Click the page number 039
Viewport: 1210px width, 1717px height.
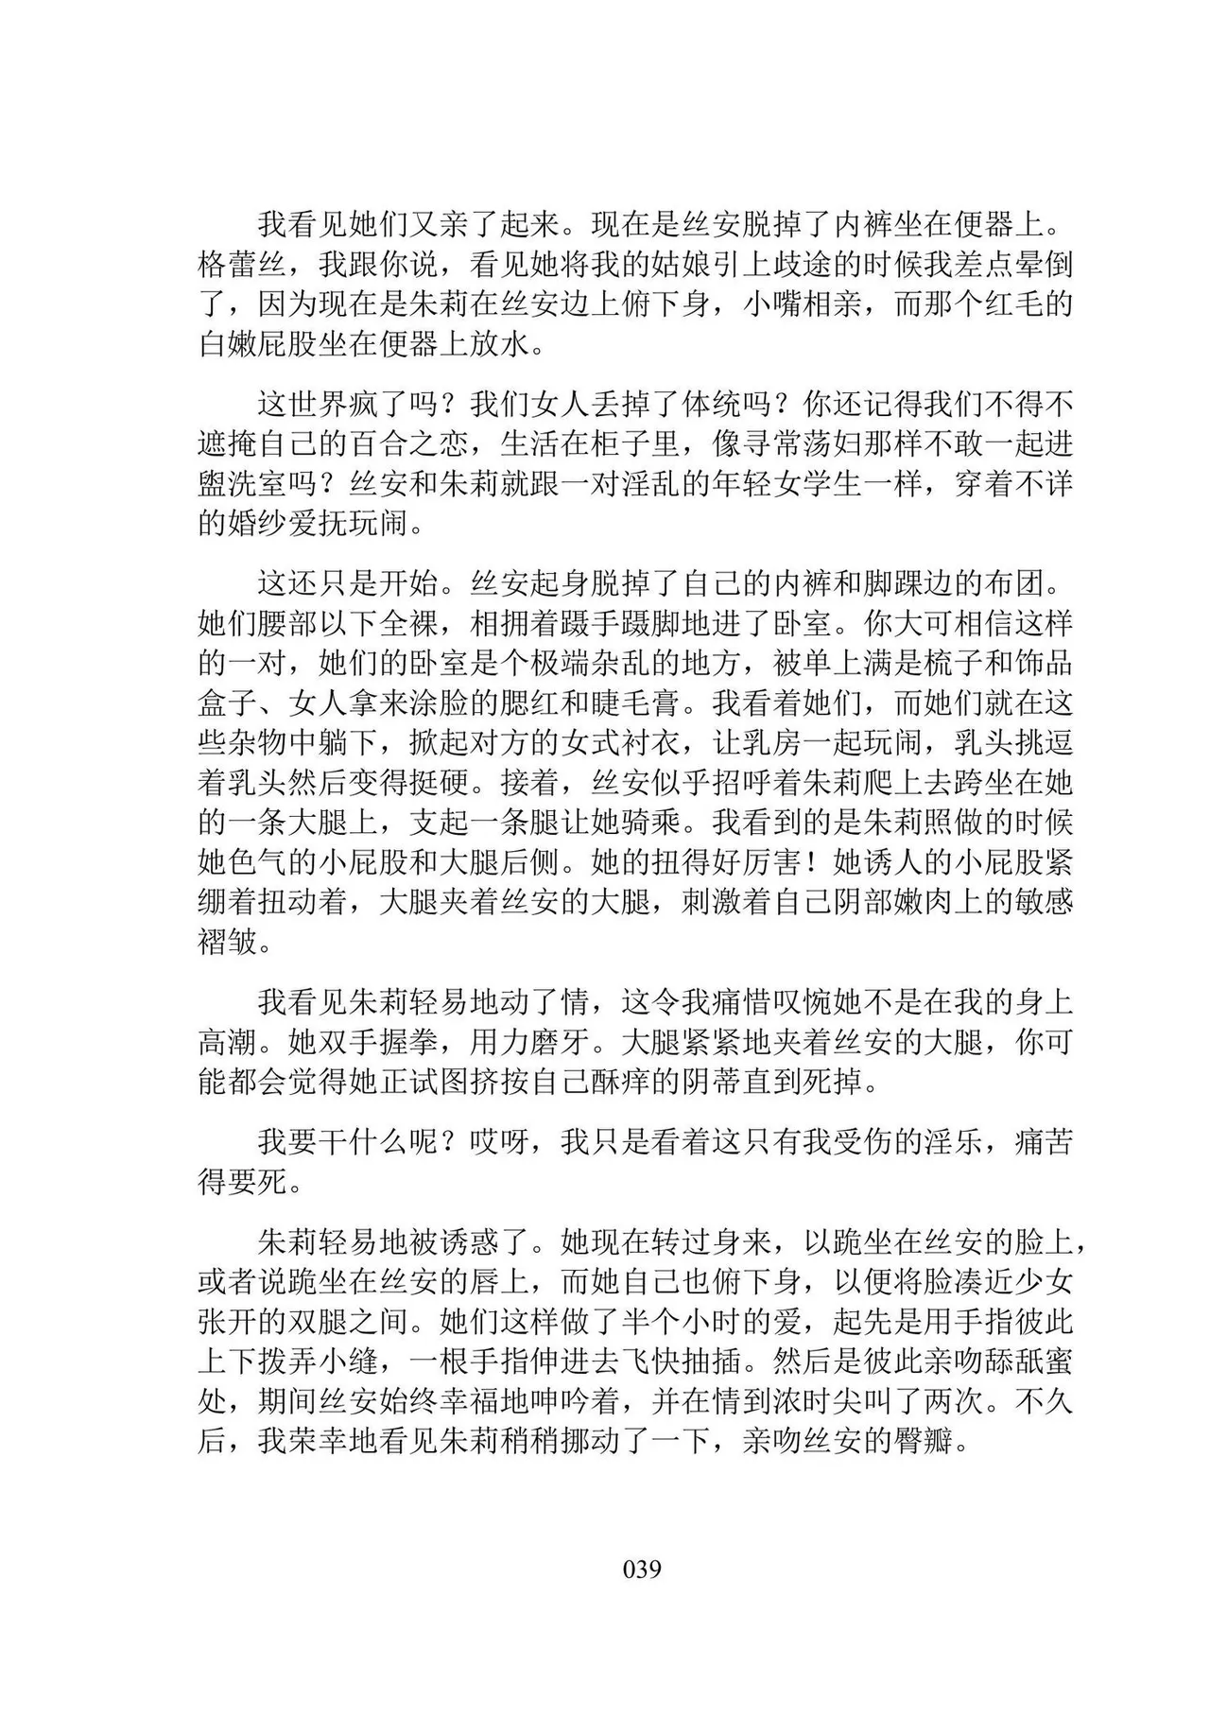[x=642, y=1570]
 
